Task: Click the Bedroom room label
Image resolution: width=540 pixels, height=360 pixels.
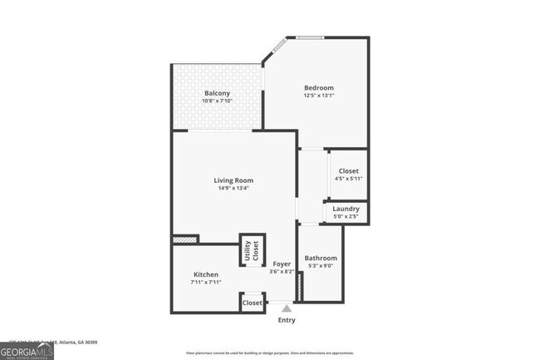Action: coord(318,88)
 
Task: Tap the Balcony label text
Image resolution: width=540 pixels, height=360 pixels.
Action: coord(217,93)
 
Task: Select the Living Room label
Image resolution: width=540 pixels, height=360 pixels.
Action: coord(233,180)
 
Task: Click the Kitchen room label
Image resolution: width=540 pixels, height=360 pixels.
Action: coord(206,274)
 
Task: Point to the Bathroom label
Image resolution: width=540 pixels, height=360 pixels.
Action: coord(320,258)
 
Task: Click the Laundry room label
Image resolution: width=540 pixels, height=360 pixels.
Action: coord(345,209)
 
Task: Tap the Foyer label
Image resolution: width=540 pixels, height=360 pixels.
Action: coord(282,264)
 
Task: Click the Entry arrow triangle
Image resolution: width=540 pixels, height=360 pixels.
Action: coord(286,308)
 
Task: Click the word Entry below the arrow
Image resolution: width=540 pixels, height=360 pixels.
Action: coord(286,320)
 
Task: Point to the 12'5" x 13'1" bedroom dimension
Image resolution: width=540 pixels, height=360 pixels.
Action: coord(318,96)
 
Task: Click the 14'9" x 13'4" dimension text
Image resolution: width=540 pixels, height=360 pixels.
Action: coord(233,189)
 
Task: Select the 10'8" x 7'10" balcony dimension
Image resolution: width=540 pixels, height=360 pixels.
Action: coord(217,101)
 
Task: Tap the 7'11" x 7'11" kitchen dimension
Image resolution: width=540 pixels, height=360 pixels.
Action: coord(206,283)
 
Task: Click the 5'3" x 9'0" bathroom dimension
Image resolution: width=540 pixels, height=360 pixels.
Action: coord(320,266)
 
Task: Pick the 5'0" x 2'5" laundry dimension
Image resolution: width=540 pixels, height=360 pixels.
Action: coord(345,217)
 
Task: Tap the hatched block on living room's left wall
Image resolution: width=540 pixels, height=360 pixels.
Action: coord(184,240)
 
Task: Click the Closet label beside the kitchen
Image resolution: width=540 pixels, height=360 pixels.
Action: coord(253,303)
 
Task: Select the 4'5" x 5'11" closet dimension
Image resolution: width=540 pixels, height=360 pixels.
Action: coord(348,179)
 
